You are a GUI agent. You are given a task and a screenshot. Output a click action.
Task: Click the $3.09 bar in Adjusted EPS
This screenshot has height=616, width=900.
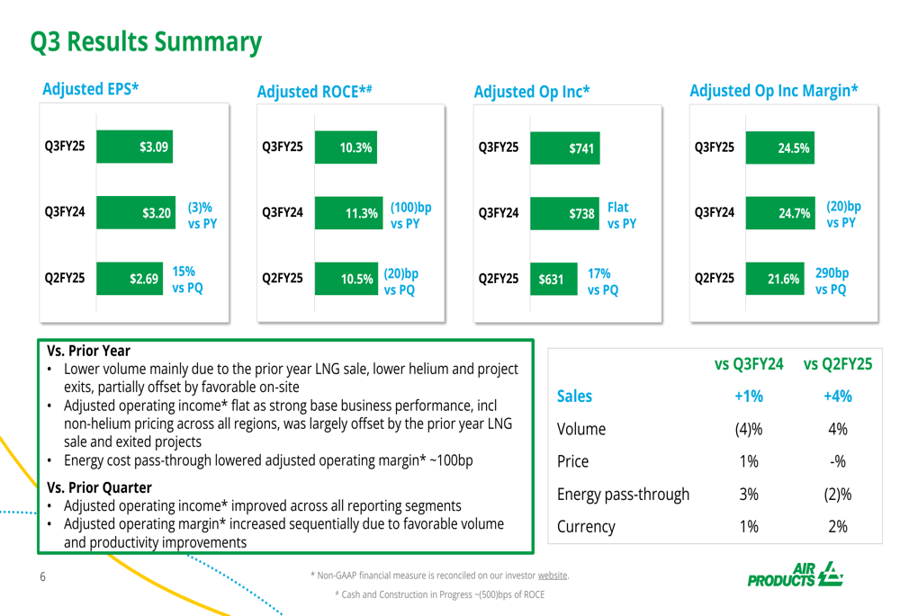134,147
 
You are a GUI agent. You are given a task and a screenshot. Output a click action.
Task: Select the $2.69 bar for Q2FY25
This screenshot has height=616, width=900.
129,278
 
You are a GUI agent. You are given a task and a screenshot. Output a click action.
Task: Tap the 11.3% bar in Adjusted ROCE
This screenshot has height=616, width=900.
347,214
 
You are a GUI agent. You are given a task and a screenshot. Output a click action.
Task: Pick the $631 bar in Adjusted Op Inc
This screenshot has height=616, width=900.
549,279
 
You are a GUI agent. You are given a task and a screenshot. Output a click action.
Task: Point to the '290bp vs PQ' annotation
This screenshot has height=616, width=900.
832,281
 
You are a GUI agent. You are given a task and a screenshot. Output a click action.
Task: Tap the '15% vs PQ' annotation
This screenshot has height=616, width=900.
187,279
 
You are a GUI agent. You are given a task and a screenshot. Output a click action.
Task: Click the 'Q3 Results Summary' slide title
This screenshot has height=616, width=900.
146,41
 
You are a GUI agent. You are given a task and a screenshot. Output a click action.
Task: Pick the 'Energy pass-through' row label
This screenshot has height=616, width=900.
623,495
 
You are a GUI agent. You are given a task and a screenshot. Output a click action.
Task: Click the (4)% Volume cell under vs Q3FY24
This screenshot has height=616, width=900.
749,429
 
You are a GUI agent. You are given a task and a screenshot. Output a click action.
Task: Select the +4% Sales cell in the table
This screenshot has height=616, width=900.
837,397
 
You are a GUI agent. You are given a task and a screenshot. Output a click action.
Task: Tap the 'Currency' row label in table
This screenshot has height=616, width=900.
586,527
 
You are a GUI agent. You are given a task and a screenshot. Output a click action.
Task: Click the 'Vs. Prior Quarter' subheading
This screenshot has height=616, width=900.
100,488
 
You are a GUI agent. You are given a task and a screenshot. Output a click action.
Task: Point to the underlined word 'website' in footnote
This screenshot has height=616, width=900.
553,575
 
